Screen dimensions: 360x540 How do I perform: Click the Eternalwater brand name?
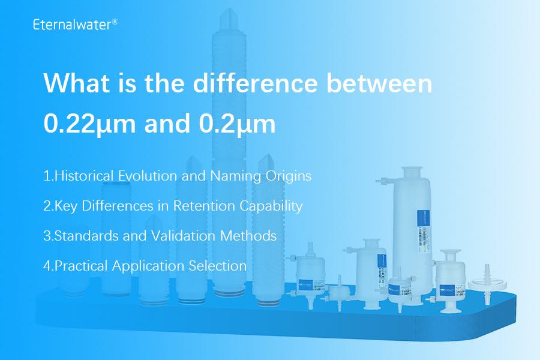[70, 25]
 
